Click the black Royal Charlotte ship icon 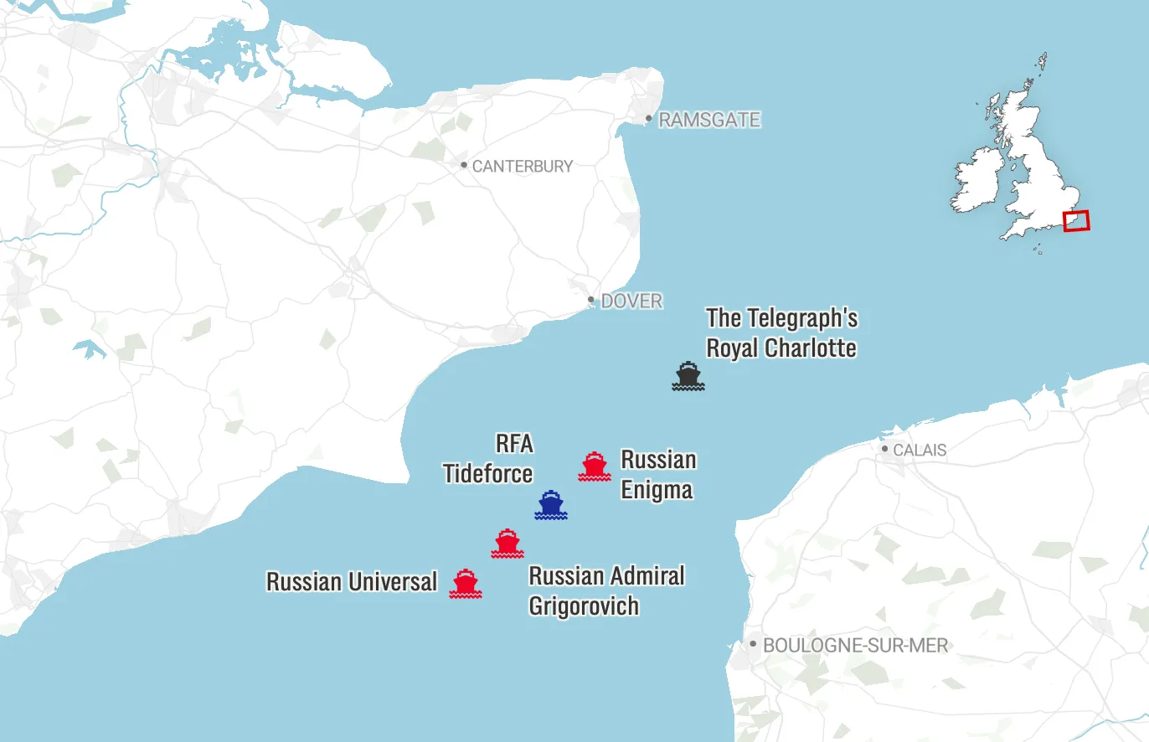coord(688,376)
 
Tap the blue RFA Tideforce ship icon coord(551,505)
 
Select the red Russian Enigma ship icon coord(595,466)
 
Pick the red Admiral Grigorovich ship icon coord(508,544)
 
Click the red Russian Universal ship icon coord(466,584)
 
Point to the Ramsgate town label coord(708,120)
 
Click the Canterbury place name coord(522,166)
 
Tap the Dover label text coord(631,301)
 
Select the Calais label coord(919,450)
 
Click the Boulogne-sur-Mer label coord(855,646)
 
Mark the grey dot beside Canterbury coord(464,165)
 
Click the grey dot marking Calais coord(885,449)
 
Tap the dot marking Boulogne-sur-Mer coord(753,644)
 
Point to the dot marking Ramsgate coord(648,118)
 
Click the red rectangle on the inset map coord(1076,220)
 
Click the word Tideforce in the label coord(488,474)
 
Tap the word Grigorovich coord(584,605)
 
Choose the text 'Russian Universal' coord(352,582)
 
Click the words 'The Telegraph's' coord(781,318)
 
